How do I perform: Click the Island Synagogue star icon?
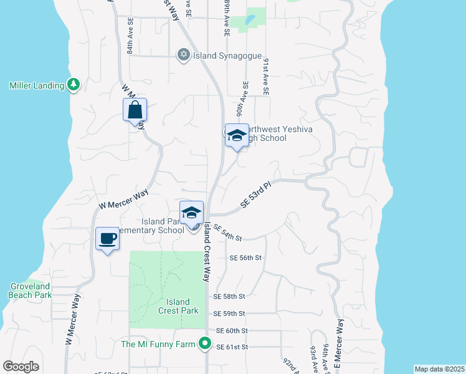tap(183, 55)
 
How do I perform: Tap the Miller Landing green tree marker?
tap(74, 84)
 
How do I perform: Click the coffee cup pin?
tap(108, 238)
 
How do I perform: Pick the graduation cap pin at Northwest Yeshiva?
tap(237, 136)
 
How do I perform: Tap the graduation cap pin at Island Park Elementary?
tap(192, 213)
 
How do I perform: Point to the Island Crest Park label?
tap(178, 306)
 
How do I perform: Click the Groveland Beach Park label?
tap(30, 290)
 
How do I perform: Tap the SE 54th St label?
tap(227, 233)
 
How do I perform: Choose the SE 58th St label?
tap(229, 297)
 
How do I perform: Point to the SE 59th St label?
tap(229, 314)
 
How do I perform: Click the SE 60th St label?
tap(232, 330)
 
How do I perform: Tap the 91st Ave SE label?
tap(266, 77)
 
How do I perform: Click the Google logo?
tap(21, 366)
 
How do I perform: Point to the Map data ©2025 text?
tap(439, 369)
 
